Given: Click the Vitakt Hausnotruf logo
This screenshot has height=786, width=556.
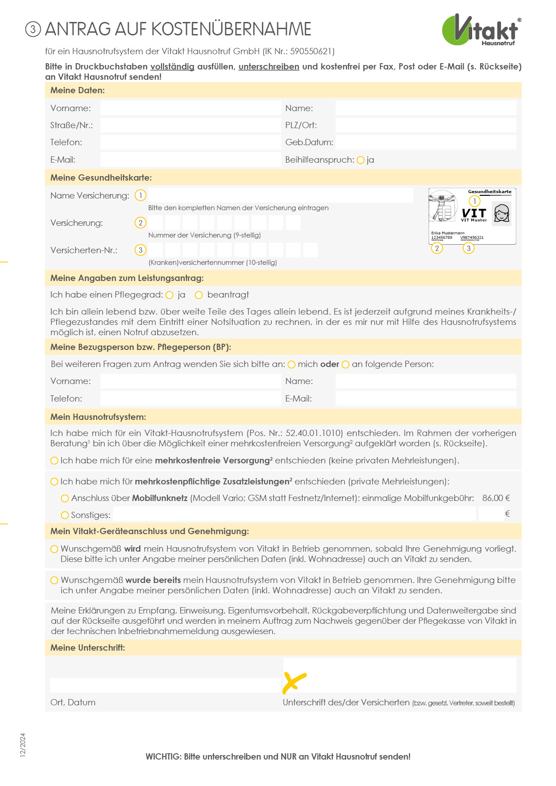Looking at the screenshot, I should point(481,30).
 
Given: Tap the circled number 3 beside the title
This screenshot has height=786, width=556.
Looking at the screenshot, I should point(33,30).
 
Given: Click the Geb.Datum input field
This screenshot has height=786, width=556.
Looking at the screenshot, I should point(426,143).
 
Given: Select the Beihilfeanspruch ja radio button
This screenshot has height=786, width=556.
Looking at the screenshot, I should point(361,160).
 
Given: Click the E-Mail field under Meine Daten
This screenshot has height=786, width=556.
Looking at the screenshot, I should point(191,160).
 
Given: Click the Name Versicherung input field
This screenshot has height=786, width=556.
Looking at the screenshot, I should point(280,195).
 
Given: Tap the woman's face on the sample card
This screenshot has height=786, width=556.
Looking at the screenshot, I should point(502,213).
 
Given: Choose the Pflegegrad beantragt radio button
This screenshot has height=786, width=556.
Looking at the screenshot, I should point(199,295).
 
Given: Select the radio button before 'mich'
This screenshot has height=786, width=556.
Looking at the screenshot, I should point(291,365).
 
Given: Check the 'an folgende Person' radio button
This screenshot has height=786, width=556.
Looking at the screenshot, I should point(346,365).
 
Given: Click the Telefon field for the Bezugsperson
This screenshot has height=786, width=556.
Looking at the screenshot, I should point(191,398).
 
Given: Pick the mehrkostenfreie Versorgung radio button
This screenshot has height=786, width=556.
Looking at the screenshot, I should point(55,461).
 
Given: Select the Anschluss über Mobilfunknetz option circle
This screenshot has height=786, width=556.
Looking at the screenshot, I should point(65,498).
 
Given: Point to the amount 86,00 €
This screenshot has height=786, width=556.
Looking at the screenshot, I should point(496,498).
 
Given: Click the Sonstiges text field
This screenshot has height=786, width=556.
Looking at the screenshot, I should point(294,514).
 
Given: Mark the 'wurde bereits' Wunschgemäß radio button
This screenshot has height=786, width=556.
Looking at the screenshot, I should point(55,580).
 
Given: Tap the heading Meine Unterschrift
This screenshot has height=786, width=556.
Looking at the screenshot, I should point(88,648).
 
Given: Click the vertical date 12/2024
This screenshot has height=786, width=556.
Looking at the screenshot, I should point(23,745).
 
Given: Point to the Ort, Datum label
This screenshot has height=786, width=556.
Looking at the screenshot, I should point(73,702).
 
